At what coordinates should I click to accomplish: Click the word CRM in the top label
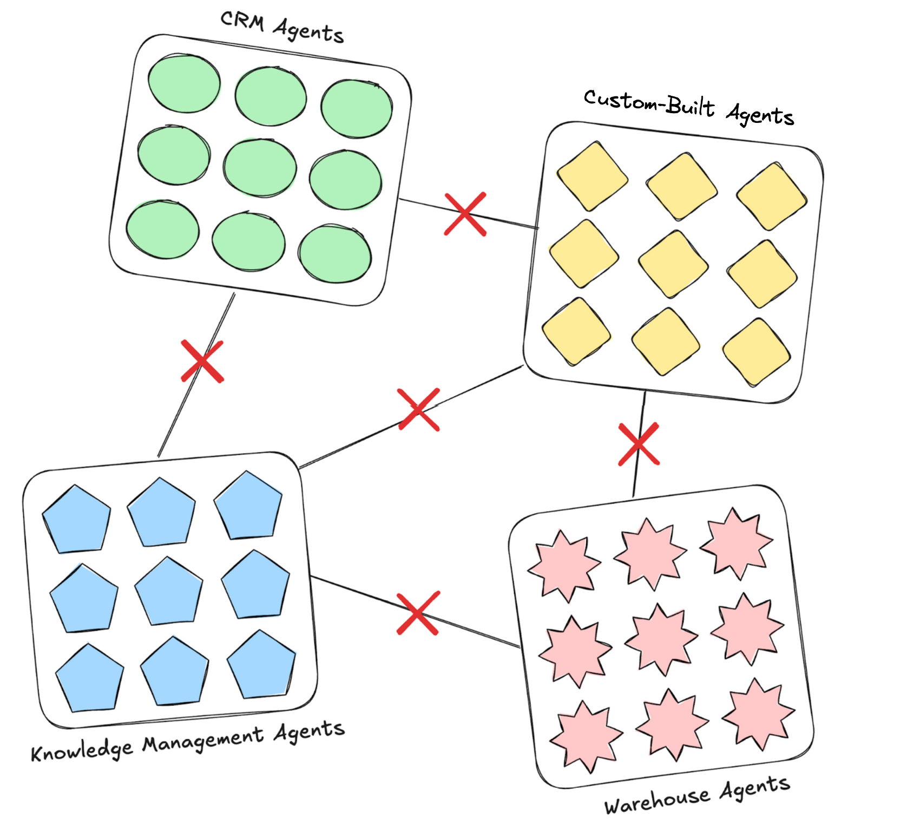coord(242,22)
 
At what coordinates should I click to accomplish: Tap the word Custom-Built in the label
coord(648,102)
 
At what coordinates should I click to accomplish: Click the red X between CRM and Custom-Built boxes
coord(465,214)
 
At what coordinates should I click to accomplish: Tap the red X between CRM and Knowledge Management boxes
coord(202,361)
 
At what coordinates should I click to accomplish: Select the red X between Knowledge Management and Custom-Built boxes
coord(418,409)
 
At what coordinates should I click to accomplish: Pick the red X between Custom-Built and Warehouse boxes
coord(639,444)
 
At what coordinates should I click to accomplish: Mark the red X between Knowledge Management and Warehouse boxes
coord(418,613)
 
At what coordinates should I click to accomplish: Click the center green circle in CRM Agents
coord(260,168)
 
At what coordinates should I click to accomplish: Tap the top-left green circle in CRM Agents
coord(184,83)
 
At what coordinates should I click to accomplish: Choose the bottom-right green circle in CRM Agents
coord(334,254)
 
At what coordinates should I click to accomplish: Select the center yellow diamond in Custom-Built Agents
coord(673,264)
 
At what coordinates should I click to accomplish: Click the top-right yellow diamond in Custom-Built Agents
coord(771,197)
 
